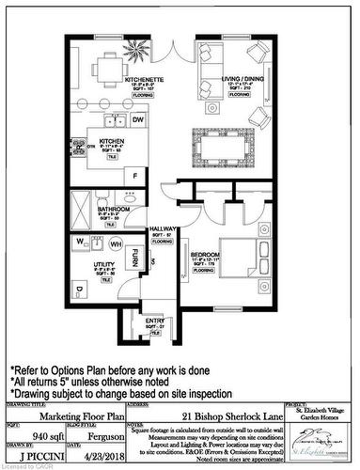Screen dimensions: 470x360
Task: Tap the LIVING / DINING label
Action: point(229,80)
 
